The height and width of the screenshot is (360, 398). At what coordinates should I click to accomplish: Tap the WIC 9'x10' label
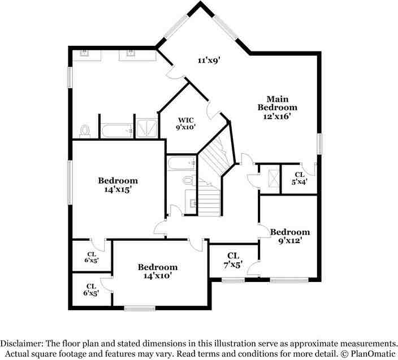(x=186, y=124)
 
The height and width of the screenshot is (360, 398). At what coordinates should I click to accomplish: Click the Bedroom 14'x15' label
(x=118, y=185)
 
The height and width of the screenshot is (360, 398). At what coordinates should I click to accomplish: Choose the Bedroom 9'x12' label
(x=289, y=236)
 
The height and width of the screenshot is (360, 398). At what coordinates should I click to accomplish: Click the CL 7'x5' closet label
(x=233, y=260)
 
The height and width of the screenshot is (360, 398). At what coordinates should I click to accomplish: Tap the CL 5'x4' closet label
(x=298, y=178)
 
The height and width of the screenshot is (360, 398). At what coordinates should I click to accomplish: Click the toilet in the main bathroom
(x=85, y=131)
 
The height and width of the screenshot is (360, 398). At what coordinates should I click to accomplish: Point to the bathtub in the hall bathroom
(x=181, y=164)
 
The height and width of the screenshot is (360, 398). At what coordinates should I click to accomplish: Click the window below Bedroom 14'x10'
(x=140, y=308)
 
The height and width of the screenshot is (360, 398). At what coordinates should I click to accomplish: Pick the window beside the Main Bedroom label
(x=319, y=143)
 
